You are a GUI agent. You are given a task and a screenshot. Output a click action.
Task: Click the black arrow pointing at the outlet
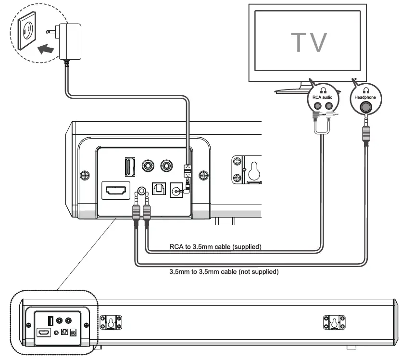coord(46,49)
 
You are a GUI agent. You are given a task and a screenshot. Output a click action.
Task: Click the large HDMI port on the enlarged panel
coord(115,190)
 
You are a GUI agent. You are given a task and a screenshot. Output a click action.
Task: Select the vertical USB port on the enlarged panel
coord(129,167)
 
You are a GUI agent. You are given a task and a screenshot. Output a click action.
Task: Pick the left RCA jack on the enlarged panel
coord(148,167)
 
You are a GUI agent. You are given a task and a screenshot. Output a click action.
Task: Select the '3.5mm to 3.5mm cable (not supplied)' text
coord(224,272)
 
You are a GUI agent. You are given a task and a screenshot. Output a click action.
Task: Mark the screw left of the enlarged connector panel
coord(85,173)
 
